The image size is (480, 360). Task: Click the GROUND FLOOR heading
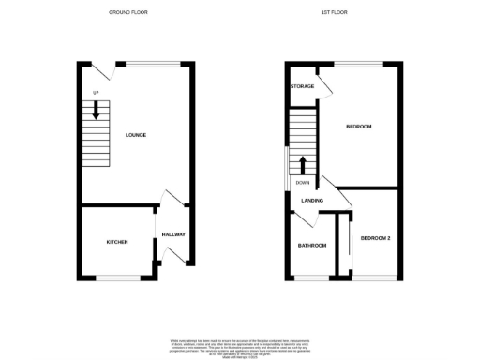tap(128, 12)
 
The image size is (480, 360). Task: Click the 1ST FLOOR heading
tap(333, 12)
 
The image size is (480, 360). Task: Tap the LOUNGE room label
tap(136, 135)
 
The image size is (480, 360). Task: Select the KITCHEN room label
tap(117, 242)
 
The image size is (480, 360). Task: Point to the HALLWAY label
tap(173, 234)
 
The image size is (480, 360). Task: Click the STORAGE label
tap(302, 86)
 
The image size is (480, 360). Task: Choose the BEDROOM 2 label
tap(375, 238)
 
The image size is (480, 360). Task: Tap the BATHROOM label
tap(312, 246)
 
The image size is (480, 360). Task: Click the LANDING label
tap(312, 201)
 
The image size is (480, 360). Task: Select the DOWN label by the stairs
tap(303, 183)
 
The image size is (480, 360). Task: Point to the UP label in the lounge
tap(96, 92)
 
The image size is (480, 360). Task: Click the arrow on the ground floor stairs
tap(95, 112)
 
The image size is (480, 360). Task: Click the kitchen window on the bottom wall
tap(117, 277)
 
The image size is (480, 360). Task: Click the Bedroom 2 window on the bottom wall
tap(374, 277)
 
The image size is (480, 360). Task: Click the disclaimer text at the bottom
tap(239, 346)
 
